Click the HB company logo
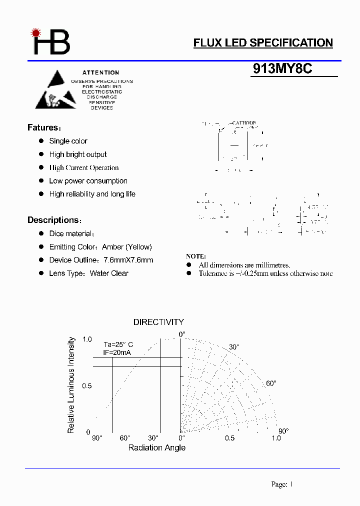pyautogui.click(x=50, y=42)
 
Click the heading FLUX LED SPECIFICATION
pyautogui.click(x=263, y=43)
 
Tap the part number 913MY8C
pyautogui.click(x=282, y=69)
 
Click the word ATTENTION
pyautogui.click(x=101, y=72)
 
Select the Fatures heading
pyautogui.click(x=44, y=127)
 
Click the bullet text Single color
pyautogui.click(x=68, y=141)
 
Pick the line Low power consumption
pyautogui.click(x=88, y=181)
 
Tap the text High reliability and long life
pyautogui.click(x=92, y=194)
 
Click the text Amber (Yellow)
pyautogui.click(x=126, y=247)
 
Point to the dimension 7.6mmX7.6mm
pyautogui.click(x=128, y=260)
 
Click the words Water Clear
pyautogui.click(x=109, y=273)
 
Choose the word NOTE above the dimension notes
pyautogui.click(x=195, y=256)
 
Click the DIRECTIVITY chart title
pyautogui.click(x=158, y=322)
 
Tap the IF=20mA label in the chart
pyautogui.click(x=117, y=352)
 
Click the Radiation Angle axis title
pyautogui.click(x=156, y=447)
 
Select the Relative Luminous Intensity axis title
pyautogui.click(x=71, y=385)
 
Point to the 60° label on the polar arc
pyautogui.click(x=270, y=383)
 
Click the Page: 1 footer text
pyautogui.click(x=281, y=484)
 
